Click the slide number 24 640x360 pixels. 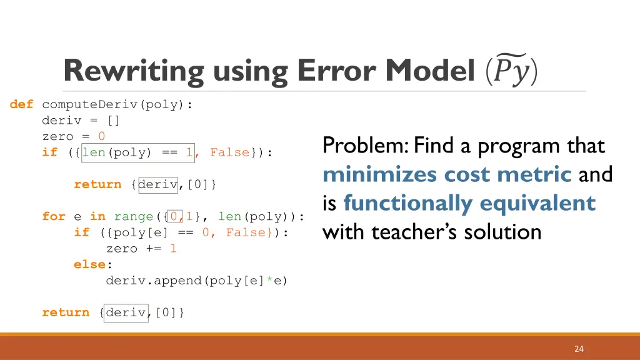click(x=579, y=349)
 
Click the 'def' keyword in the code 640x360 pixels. click(x=21, y=104)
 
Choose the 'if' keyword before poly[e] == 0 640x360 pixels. click(x=81, y=232)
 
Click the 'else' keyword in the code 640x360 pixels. click(x=89, y=264)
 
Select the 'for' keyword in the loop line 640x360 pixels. click(x=53, y=216)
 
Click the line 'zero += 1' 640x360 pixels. click(x=141, y=248)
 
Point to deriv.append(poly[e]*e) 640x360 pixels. click(x=197, y=281)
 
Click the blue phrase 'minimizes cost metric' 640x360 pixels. click(x=447, y=174)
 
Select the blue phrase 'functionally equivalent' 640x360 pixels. click(x=469, y=203)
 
